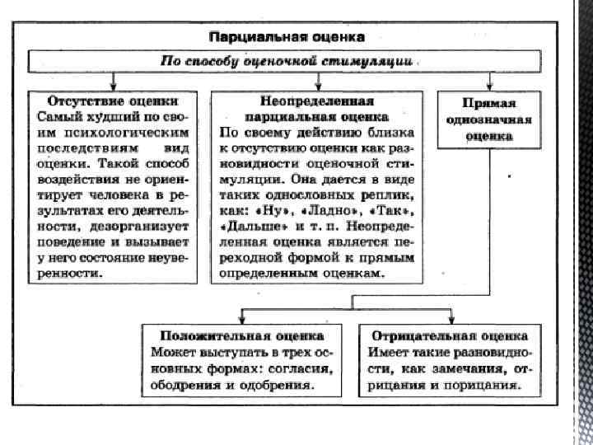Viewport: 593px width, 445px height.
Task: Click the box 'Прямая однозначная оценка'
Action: coord(488,120)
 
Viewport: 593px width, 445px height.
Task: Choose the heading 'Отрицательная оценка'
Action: coord(449,337)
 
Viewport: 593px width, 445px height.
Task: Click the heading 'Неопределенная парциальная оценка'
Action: coord(319,109)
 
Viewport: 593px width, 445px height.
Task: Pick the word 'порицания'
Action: coord(479,384)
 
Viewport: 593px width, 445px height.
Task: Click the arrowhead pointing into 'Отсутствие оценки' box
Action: coord(113,85)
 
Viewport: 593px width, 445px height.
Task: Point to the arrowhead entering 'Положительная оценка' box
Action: coord(240,320)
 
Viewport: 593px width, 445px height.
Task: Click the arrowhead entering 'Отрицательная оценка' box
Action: coord(449,320)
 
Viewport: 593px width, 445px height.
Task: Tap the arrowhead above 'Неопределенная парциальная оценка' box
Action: coord(319,85)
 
